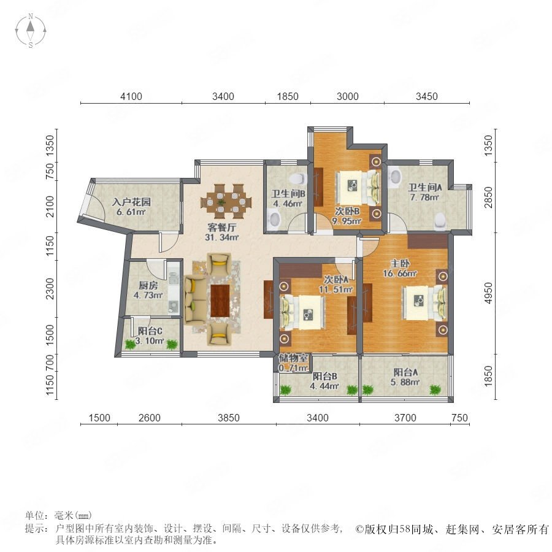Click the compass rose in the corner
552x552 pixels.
31,31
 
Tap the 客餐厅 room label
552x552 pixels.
221,228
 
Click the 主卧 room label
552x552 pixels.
400,263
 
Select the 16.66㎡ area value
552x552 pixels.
400,273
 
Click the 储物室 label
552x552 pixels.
293,358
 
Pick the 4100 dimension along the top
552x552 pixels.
131,96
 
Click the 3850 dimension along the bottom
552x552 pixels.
229,418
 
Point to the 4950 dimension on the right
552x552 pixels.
488,293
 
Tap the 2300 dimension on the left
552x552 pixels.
50,289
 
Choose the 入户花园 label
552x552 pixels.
131,202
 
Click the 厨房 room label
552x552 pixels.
148,285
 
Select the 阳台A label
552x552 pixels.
405,372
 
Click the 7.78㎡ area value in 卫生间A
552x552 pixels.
424,197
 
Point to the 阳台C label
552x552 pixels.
150,331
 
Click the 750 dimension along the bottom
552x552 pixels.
459,418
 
